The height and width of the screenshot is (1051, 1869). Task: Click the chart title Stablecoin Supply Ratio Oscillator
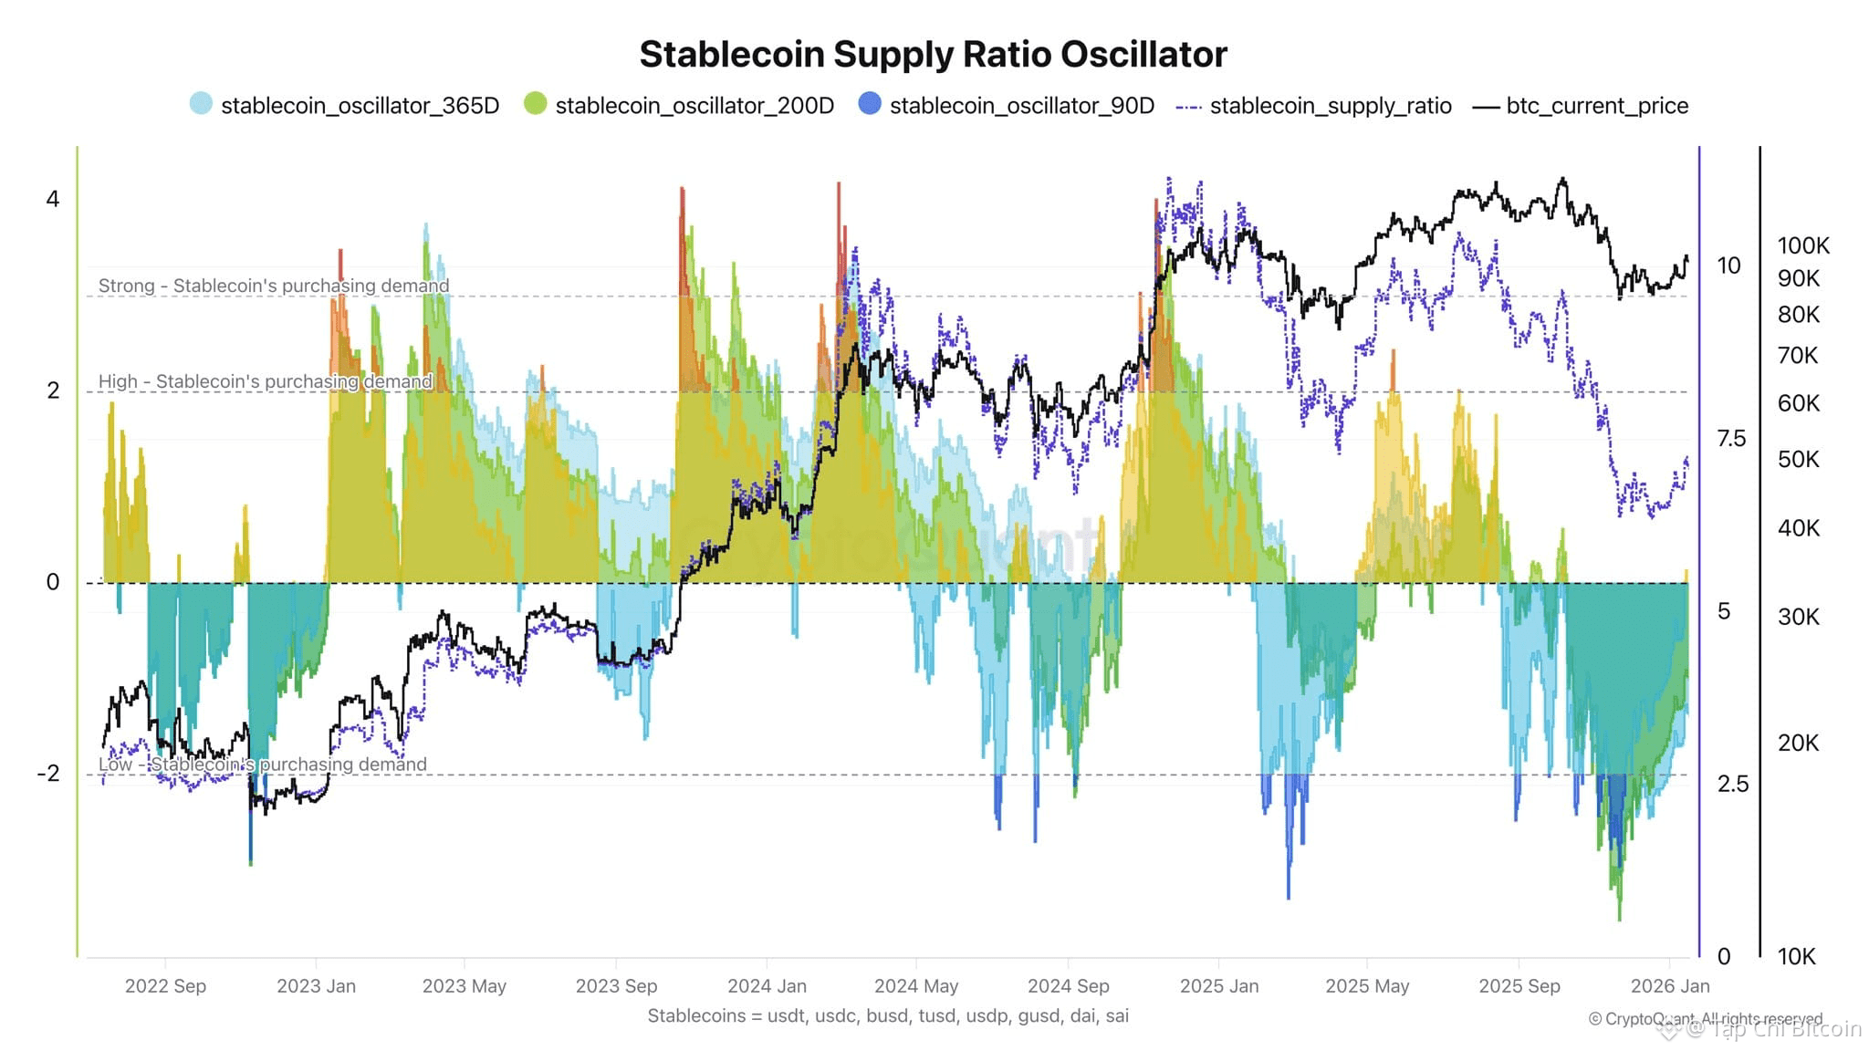[933, 55]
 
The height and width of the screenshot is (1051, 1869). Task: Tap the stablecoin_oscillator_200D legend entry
[681, 106]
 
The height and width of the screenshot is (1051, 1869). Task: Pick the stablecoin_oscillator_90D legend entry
[1008, 106]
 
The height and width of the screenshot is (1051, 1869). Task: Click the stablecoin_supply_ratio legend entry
[1314, 106]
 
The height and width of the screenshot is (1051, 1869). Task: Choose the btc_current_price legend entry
[1582, 106]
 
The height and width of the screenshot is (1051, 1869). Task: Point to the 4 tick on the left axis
[53, 199]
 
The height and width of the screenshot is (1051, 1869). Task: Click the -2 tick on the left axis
[48, 774]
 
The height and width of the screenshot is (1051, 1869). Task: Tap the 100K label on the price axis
[1803, 245]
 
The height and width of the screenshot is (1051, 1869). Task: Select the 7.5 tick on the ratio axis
[1731, 439]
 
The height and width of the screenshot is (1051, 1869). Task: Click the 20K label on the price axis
[1798, 743]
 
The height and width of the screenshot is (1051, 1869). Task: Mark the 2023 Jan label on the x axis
[316, 986]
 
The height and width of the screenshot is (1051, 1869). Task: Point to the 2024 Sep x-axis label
[1068, 986]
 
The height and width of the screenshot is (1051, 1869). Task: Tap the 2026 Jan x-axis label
[1670, 986]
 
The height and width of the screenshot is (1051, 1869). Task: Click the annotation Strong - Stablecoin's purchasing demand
[274, 286]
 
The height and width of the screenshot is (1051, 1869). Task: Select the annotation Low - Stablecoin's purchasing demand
[263, 765]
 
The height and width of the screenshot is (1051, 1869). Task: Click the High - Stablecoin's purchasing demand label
[266, 381]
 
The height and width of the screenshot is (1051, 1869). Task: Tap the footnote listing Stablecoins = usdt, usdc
[888, 1015]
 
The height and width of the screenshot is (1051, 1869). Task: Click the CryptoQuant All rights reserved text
[1705, 1018]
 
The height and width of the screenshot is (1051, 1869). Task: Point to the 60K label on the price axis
[1798, 403]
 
